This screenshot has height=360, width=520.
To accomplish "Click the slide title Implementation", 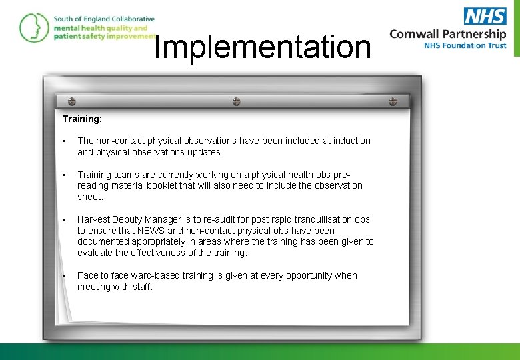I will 262,47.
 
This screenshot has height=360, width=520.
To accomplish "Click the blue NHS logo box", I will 485,16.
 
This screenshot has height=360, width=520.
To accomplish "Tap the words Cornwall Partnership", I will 447,34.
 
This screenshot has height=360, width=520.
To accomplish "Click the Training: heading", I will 82,119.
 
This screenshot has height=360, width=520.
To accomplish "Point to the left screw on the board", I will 72,101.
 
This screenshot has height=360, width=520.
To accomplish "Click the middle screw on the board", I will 236,101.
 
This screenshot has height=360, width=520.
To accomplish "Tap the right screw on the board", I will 393,101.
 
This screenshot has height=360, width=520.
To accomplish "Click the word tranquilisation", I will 305,219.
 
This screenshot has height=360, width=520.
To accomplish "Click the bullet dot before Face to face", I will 64,275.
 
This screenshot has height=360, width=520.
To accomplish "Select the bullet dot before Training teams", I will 64,175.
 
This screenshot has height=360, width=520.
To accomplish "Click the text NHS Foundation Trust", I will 465,46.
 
